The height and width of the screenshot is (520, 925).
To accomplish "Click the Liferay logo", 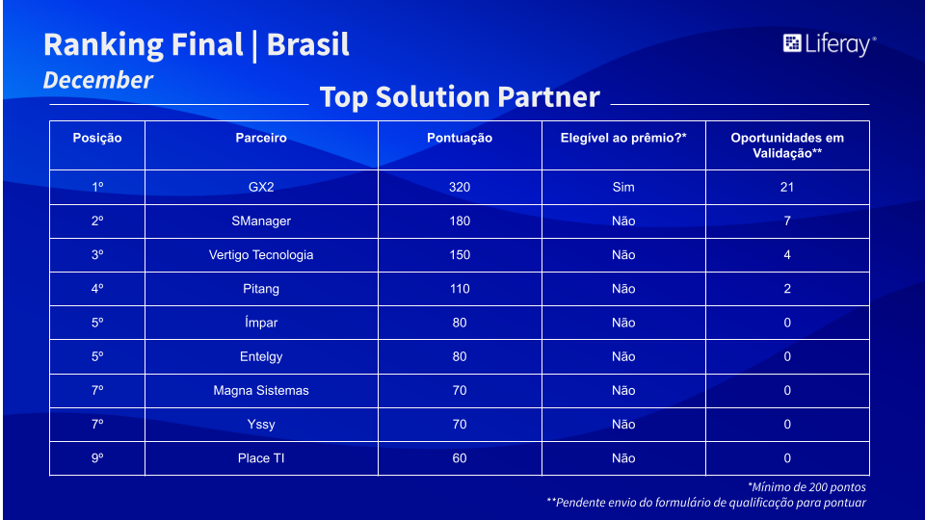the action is [x=830, y=44].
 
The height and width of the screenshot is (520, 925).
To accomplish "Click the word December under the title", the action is [x=98, y=80].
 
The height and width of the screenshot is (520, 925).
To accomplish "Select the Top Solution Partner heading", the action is [x=460, y=96].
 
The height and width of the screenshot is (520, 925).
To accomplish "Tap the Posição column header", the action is [x=97, y=138].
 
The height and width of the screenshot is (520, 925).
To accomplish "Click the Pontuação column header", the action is [x=460, y=138].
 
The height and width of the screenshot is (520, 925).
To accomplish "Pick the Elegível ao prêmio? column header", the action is [x=623, y=138].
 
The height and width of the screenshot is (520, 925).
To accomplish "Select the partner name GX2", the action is [x=261, y=187].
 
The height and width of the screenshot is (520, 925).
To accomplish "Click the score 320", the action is [x=460, y=187].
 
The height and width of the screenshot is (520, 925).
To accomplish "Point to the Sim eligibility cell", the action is [x=623, y=187].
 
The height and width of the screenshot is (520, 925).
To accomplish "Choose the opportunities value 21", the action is [x=787, y=187].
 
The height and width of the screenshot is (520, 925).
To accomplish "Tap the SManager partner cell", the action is [x=261, y=221].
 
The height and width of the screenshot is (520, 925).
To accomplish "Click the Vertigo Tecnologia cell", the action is [x=261, y=254].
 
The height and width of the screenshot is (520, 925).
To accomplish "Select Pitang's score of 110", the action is [x=460, y=289].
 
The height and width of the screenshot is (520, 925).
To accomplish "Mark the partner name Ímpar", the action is [x=261, y=323].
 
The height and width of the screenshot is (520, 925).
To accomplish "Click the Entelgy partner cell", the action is [x=261, y=356].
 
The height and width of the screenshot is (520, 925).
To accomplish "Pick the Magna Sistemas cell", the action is [x=261, y=390].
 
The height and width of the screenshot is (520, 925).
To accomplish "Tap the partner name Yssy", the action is [x=261, y=425].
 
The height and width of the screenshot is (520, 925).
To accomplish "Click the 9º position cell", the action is [x=97, y=458].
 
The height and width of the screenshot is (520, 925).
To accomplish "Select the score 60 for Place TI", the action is [x=460, y=458].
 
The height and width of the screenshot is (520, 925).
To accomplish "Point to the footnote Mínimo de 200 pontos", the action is [x=806, y=487].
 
